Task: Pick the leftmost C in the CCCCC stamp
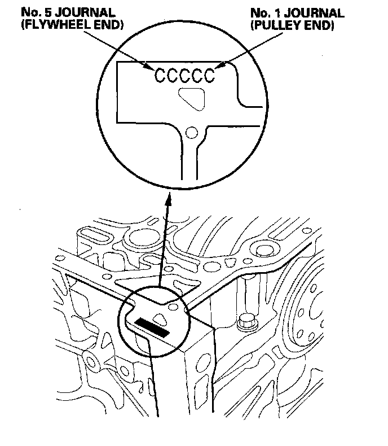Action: [160, 75]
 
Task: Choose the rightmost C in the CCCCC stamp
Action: [210, 75]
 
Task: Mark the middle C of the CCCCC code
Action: [185, 75]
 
